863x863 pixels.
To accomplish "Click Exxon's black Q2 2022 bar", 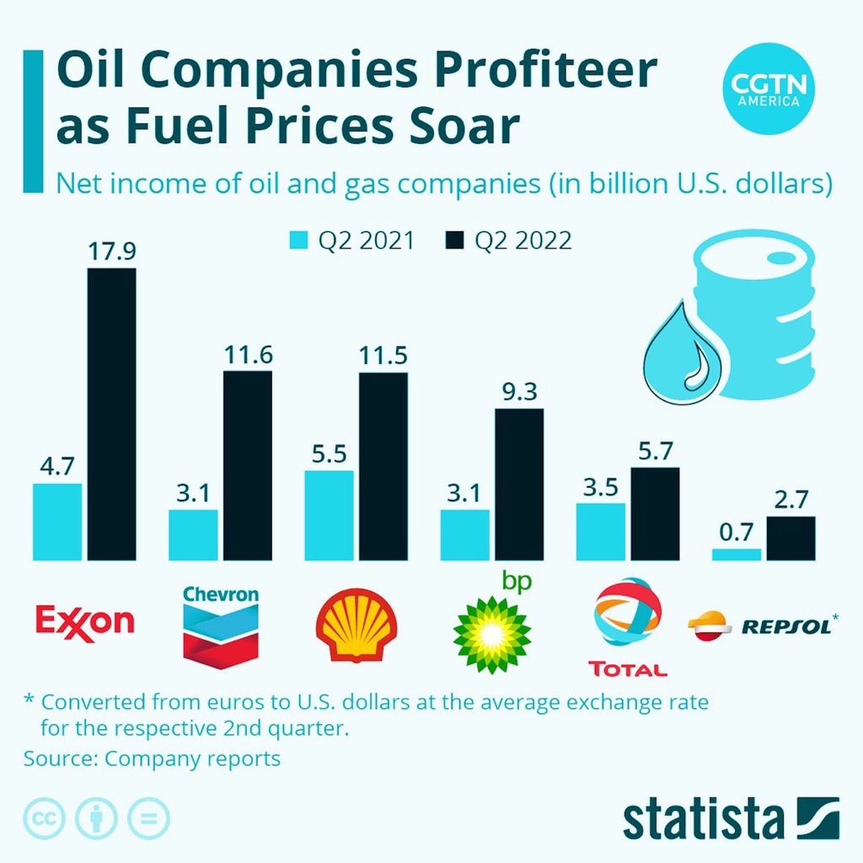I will pos(112,414).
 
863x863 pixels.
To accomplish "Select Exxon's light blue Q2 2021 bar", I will pos(57,522).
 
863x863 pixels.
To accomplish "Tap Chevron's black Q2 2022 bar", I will pos(248,465).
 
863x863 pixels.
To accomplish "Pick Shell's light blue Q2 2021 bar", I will pos(329,515).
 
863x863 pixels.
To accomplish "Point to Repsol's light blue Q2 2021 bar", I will pos(737,555).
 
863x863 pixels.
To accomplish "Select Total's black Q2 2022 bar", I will pos(655,514).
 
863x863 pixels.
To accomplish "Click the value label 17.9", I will pos(112,251).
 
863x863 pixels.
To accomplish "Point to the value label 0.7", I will pos(736,533).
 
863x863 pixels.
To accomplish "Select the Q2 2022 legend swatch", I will pos(455,241).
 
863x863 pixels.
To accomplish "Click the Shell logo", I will pos(356,624).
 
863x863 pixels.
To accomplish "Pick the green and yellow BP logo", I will pos(491,633).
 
